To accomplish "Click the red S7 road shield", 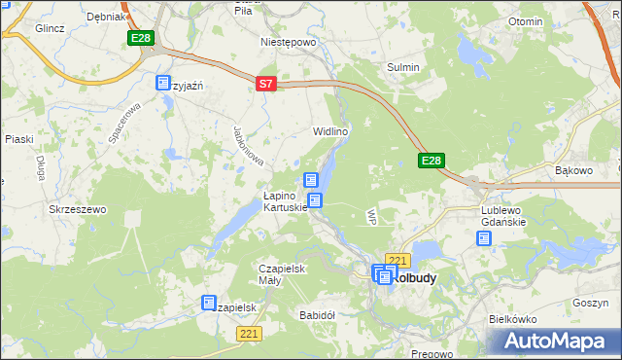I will (x=267, y=85).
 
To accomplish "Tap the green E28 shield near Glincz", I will (x=140, y=38).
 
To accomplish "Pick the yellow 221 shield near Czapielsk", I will (x=249, y=334).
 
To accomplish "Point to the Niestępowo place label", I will (x=289, y=43).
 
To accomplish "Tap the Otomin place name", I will (x=526, y=21).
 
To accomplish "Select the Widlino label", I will (x=330, y=131).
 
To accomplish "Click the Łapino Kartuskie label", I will (x=285, y=200).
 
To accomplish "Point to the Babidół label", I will (x=318, y=315).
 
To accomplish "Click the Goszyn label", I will (x=590, y=303).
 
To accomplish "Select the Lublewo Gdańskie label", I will (x=503, y=215).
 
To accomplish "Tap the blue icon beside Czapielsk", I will (x=209, y=304).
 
